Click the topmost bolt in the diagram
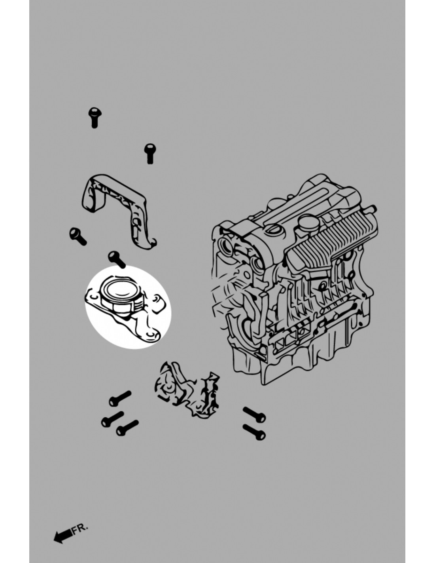pos(95,118)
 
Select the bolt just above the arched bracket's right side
pos(149,154)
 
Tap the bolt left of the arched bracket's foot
pos(78,236)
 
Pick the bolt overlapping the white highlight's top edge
pos(117,259)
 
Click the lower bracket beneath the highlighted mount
pos(187,390)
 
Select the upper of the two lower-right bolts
pos(254,415)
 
